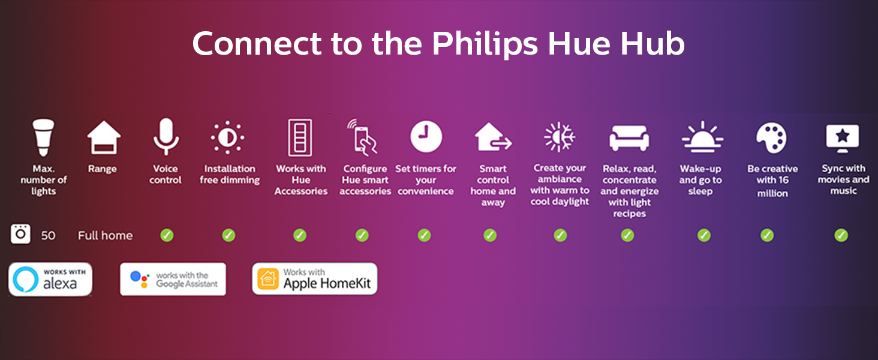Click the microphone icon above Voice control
[166, 137]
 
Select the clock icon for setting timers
[426, 137]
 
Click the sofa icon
[629, 138]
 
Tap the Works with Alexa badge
[50, 279]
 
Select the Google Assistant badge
[173, 279]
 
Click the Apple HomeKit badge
[315, 279]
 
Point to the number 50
[48, 235]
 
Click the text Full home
[105, 235]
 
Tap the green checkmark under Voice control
[167, 235]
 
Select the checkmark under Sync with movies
[841, 235]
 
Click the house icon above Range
[104, 138]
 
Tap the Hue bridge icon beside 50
[20, 234]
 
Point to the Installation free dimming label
[230, 174]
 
